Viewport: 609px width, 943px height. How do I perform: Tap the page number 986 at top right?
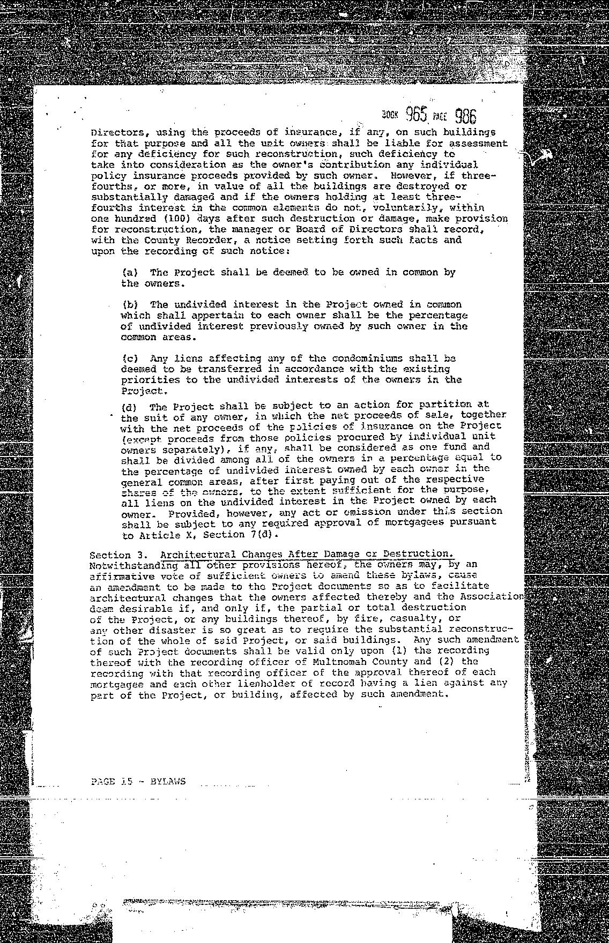click(x=465, y=116)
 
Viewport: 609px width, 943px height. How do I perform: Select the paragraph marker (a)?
click(x=129, y=272)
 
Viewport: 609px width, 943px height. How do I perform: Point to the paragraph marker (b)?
click(x=129, y=304)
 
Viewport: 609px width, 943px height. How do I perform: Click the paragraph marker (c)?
click(x=129, y=358)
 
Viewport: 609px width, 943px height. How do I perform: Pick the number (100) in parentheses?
click(x=177, y=219)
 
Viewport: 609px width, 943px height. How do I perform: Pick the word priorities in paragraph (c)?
click(x=147, y=379)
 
